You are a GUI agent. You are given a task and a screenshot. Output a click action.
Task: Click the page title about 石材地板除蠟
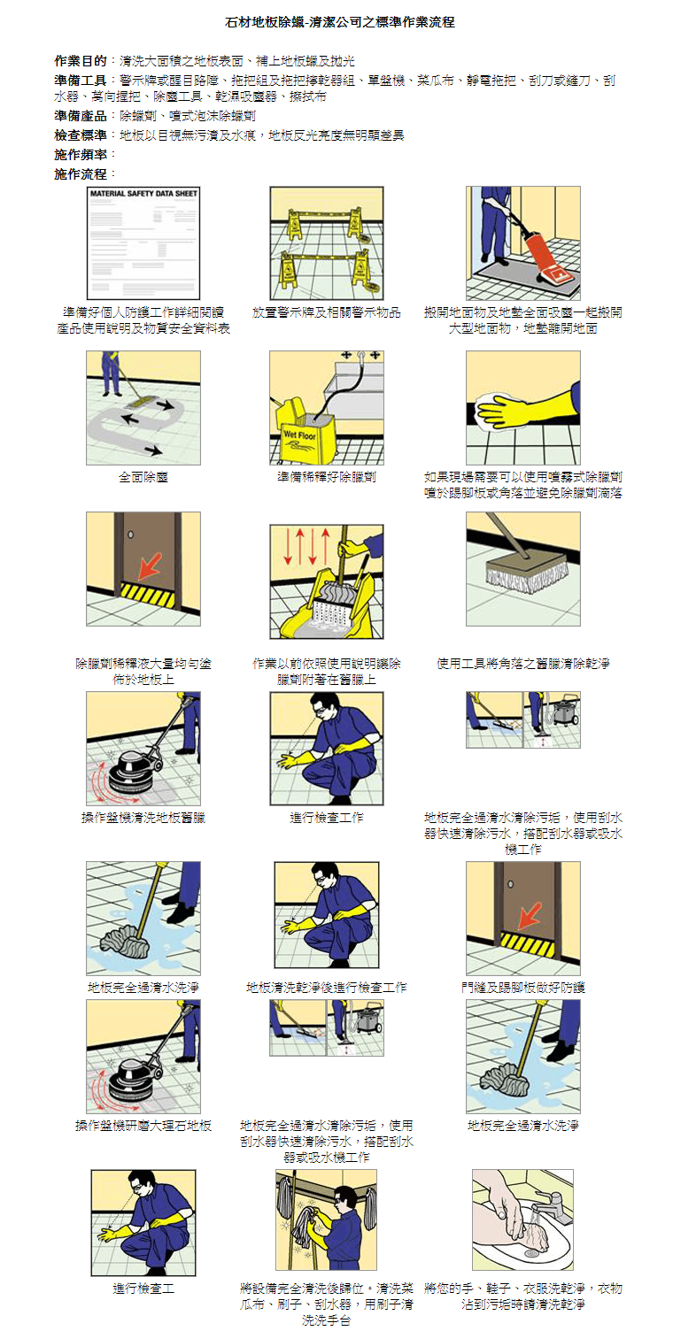pos(339,23)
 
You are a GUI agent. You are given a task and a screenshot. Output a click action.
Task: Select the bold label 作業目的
pos(81,60)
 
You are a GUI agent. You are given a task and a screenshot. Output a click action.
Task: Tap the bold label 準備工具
pos(81,81)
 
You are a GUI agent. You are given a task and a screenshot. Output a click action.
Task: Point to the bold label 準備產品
pos(81,116)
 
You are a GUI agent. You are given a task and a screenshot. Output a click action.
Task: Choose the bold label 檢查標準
pos(81,135)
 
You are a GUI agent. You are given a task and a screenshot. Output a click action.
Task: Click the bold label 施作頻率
pos(81,155)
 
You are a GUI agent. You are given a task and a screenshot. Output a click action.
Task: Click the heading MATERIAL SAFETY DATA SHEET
pos(143,194)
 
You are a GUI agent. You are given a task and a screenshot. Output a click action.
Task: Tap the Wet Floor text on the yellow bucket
pos(299,435)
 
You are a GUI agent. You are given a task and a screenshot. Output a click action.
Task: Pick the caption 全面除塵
pos(143,476)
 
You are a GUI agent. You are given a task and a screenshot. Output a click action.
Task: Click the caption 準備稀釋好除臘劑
pos(327,476)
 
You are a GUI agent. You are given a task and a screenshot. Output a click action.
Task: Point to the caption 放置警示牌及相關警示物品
pos(327,312)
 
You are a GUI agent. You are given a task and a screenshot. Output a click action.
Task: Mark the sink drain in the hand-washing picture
pos(531,1252)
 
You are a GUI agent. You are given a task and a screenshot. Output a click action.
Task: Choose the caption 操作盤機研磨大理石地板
pos(143,1126)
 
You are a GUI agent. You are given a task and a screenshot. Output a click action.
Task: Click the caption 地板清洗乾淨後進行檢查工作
pos(327,988)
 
